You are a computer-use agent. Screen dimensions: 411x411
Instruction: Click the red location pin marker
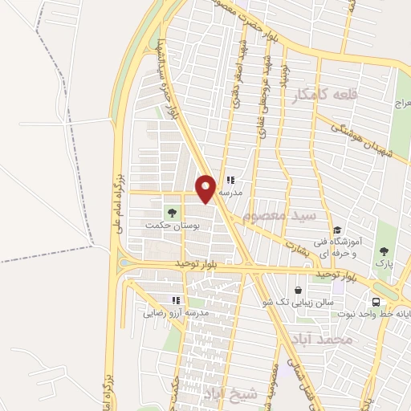(x=206, y=189)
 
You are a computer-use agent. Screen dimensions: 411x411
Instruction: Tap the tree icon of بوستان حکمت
(x=170, y=212)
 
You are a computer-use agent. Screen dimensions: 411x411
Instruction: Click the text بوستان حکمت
(x=171, y=226)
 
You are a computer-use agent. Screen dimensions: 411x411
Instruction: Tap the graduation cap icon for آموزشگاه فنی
(x=337, y=229)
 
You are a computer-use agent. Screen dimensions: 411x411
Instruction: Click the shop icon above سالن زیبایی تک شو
(x=299, y=290)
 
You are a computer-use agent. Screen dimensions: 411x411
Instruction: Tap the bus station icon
(x=376, y=301)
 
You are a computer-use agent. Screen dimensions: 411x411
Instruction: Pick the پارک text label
(x=383, y=262)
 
